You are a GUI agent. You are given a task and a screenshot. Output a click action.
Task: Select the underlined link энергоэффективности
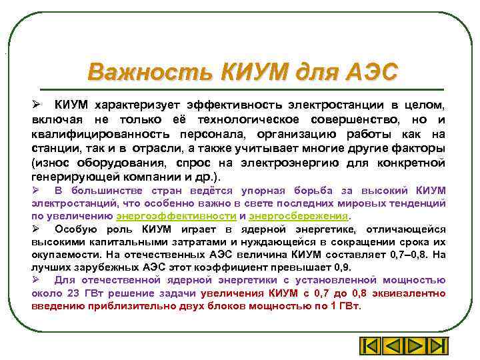tap(176, 216)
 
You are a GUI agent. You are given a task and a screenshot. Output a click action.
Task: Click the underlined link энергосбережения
tap(299, 216)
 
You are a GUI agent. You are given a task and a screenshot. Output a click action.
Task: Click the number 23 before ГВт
tap(75, 293)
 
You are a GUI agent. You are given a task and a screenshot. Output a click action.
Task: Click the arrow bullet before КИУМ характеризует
tap(38, 105)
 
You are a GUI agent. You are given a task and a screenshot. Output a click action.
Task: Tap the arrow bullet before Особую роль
tap(37, 229)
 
